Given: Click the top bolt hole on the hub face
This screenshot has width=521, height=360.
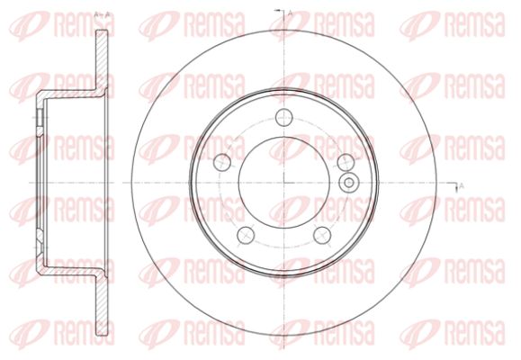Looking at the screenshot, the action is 283,117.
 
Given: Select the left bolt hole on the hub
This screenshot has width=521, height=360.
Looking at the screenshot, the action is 222,162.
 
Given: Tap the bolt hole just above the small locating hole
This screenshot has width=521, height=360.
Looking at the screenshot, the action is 346,162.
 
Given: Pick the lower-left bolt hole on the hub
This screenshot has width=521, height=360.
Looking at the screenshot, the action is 246,235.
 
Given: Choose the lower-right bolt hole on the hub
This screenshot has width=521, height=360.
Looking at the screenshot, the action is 322,235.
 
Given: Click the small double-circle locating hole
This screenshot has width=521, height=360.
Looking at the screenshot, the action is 349,183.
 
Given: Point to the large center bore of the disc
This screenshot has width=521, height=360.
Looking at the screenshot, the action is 283,183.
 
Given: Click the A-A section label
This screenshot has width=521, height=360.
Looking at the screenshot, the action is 102,14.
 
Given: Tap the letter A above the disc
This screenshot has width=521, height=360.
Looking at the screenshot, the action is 290,13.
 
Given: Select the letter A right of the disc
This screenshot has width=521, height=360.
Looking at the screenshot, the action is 461,186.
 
